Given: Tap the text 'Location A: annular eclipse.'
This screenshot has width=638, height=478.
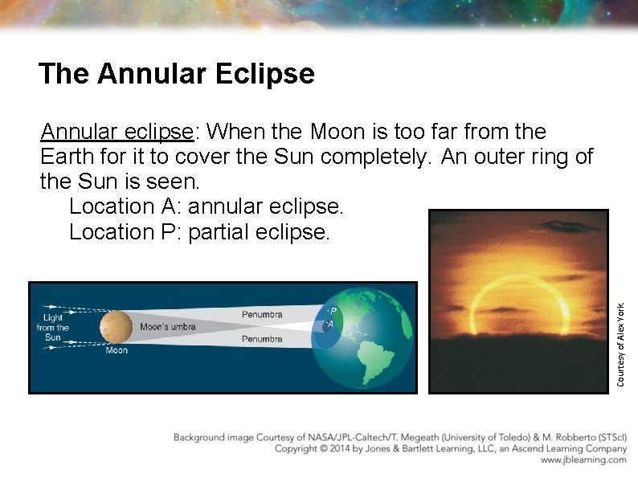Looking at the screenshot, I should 206,206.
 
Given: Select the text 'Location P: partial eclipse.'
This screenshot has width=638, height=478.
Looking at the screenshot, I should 199,232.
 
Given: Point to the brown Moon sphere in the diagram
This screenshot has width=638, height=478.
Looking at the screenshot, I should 117,327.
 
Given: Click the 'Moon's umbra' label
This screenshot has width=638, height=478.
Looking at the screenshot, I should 168,327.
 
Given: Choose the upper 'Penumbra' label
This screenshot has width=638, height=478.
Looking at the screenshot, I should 262,314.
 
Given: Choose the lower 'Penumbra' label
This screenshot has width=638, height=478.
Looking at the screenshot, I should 262,340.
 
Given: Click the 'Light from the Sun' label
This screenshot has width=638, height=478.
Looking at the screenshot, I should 53,328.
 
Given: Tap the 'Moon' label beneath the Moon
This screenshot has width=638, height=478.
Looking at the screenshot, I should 117,351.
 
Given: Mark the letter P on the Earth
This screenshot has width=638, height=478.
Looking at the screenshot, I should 333,310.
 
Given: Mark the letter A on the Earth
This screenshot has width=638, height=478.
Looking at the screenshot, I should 329,325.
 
